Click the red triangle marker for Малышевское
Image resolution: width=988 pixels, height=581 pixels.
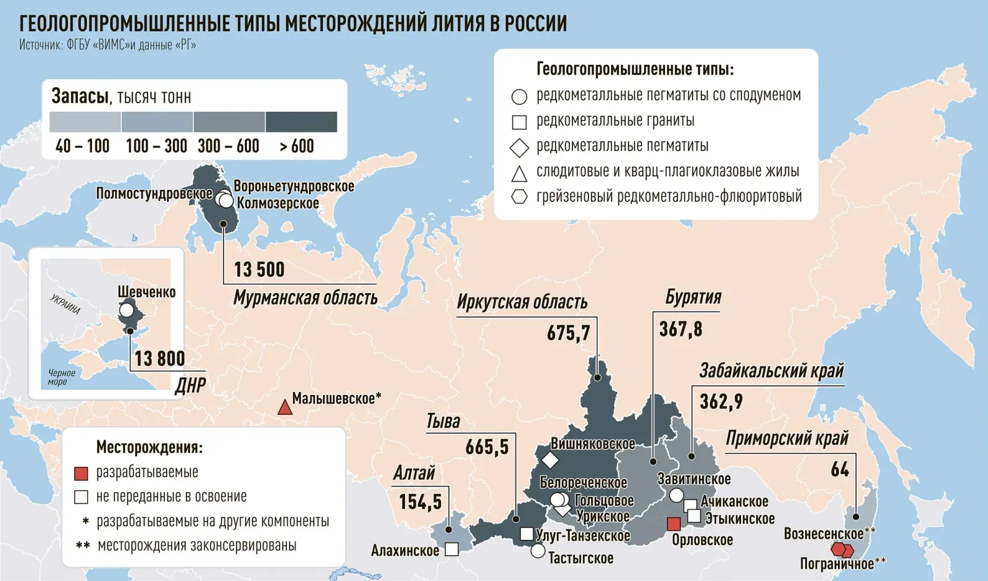tap(285, 407)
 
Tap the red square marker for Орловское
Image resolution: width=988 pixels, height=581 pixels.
tap(674, 524)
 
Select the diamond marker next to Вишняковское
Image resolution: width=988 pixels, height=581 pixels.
tap(550, 460)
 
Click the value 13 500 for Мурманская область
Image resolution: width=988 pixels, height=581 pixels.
tap(259, 270)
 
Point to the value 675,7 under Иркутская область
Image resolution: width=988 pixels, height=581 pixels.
tap(568, 334)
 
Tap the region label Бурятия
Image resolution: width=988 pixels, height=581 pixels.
tap(693, 297)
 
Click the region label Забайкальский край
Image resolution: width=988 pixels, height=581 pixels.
tap(771, 371)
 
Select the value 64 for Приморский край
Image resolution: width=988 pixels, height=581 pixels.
tap(840, 470)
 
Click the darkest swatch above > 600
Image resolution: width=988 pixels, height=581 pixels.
tap(301, 122)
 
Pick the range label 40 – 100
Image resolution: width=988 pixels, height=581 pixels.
tap(82, 146)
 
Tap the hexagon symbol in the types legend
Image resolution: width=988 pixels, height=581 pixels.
tap(519, 197)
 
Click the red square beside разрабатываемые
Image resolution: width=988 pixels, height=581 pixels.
tap(81, 473)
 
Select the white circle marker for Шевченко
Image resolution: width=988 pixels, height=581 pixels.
tap(127, 310)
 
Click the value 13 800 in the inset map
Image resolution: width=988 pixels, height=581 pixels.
tap(159, 358)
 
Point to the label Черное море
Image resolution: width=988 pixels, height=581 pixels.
tap(61, 377)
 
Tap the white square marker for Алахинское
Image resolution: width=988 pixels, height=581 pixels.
tap(452, 549)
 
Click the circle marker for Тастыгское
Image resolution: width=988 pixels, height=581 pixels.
tap(538, 550)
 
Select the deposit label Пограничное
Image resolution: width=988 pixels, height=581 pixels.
tap(837, 564)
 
